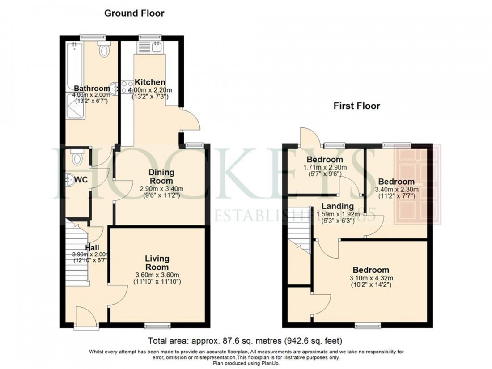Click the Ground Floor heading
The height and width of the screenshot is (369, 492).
[x=134, y=13]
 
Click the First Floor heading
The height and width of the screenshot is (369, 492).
[x=356, y=106]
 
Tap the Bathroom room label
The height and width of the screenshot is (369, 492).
[x=92, y=88]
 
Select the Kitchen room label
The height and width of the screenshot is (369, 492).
[x=150, y=83]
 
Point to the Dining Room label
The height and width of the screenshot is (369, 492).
[x=161, y=177]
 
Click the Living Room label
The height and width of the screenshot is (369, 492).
[x=157, y=263]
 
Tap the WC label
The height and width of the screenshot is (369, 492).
[x=81, y=180]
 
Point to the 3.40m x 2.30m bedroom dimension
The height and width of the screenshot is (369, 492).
[x=396, y=189]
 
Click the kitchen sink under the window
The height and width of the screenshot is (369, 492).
[x=157, y=46]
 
